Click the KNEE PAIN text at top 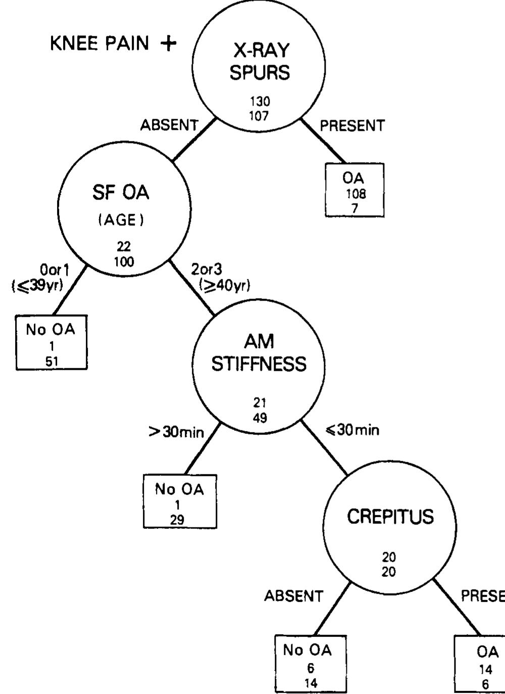(x=99, y=44)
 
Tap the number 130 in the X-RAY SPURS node (x=260, y=102)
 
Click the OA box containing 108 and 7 (x=355, y=190)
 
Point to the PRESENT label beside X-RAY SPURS (x=352, y=126)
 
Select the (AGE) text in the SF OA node (x=121, y=221)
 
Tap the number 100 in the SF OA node (x=124, y=261)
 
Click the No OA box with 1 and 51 (x=52, y=342)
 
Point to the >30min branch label (x=176, y=433)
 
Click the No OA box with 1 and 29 (x=180, y=502)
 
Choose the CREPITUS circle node (x=390, y=525)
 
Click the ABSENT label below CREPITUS (x=293, y=597)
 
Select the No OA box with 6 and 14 (x=311, y=663)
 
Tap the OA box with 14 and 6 (x=481, y=663)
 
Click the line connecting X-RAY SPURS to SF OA (x=194, y=139)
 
